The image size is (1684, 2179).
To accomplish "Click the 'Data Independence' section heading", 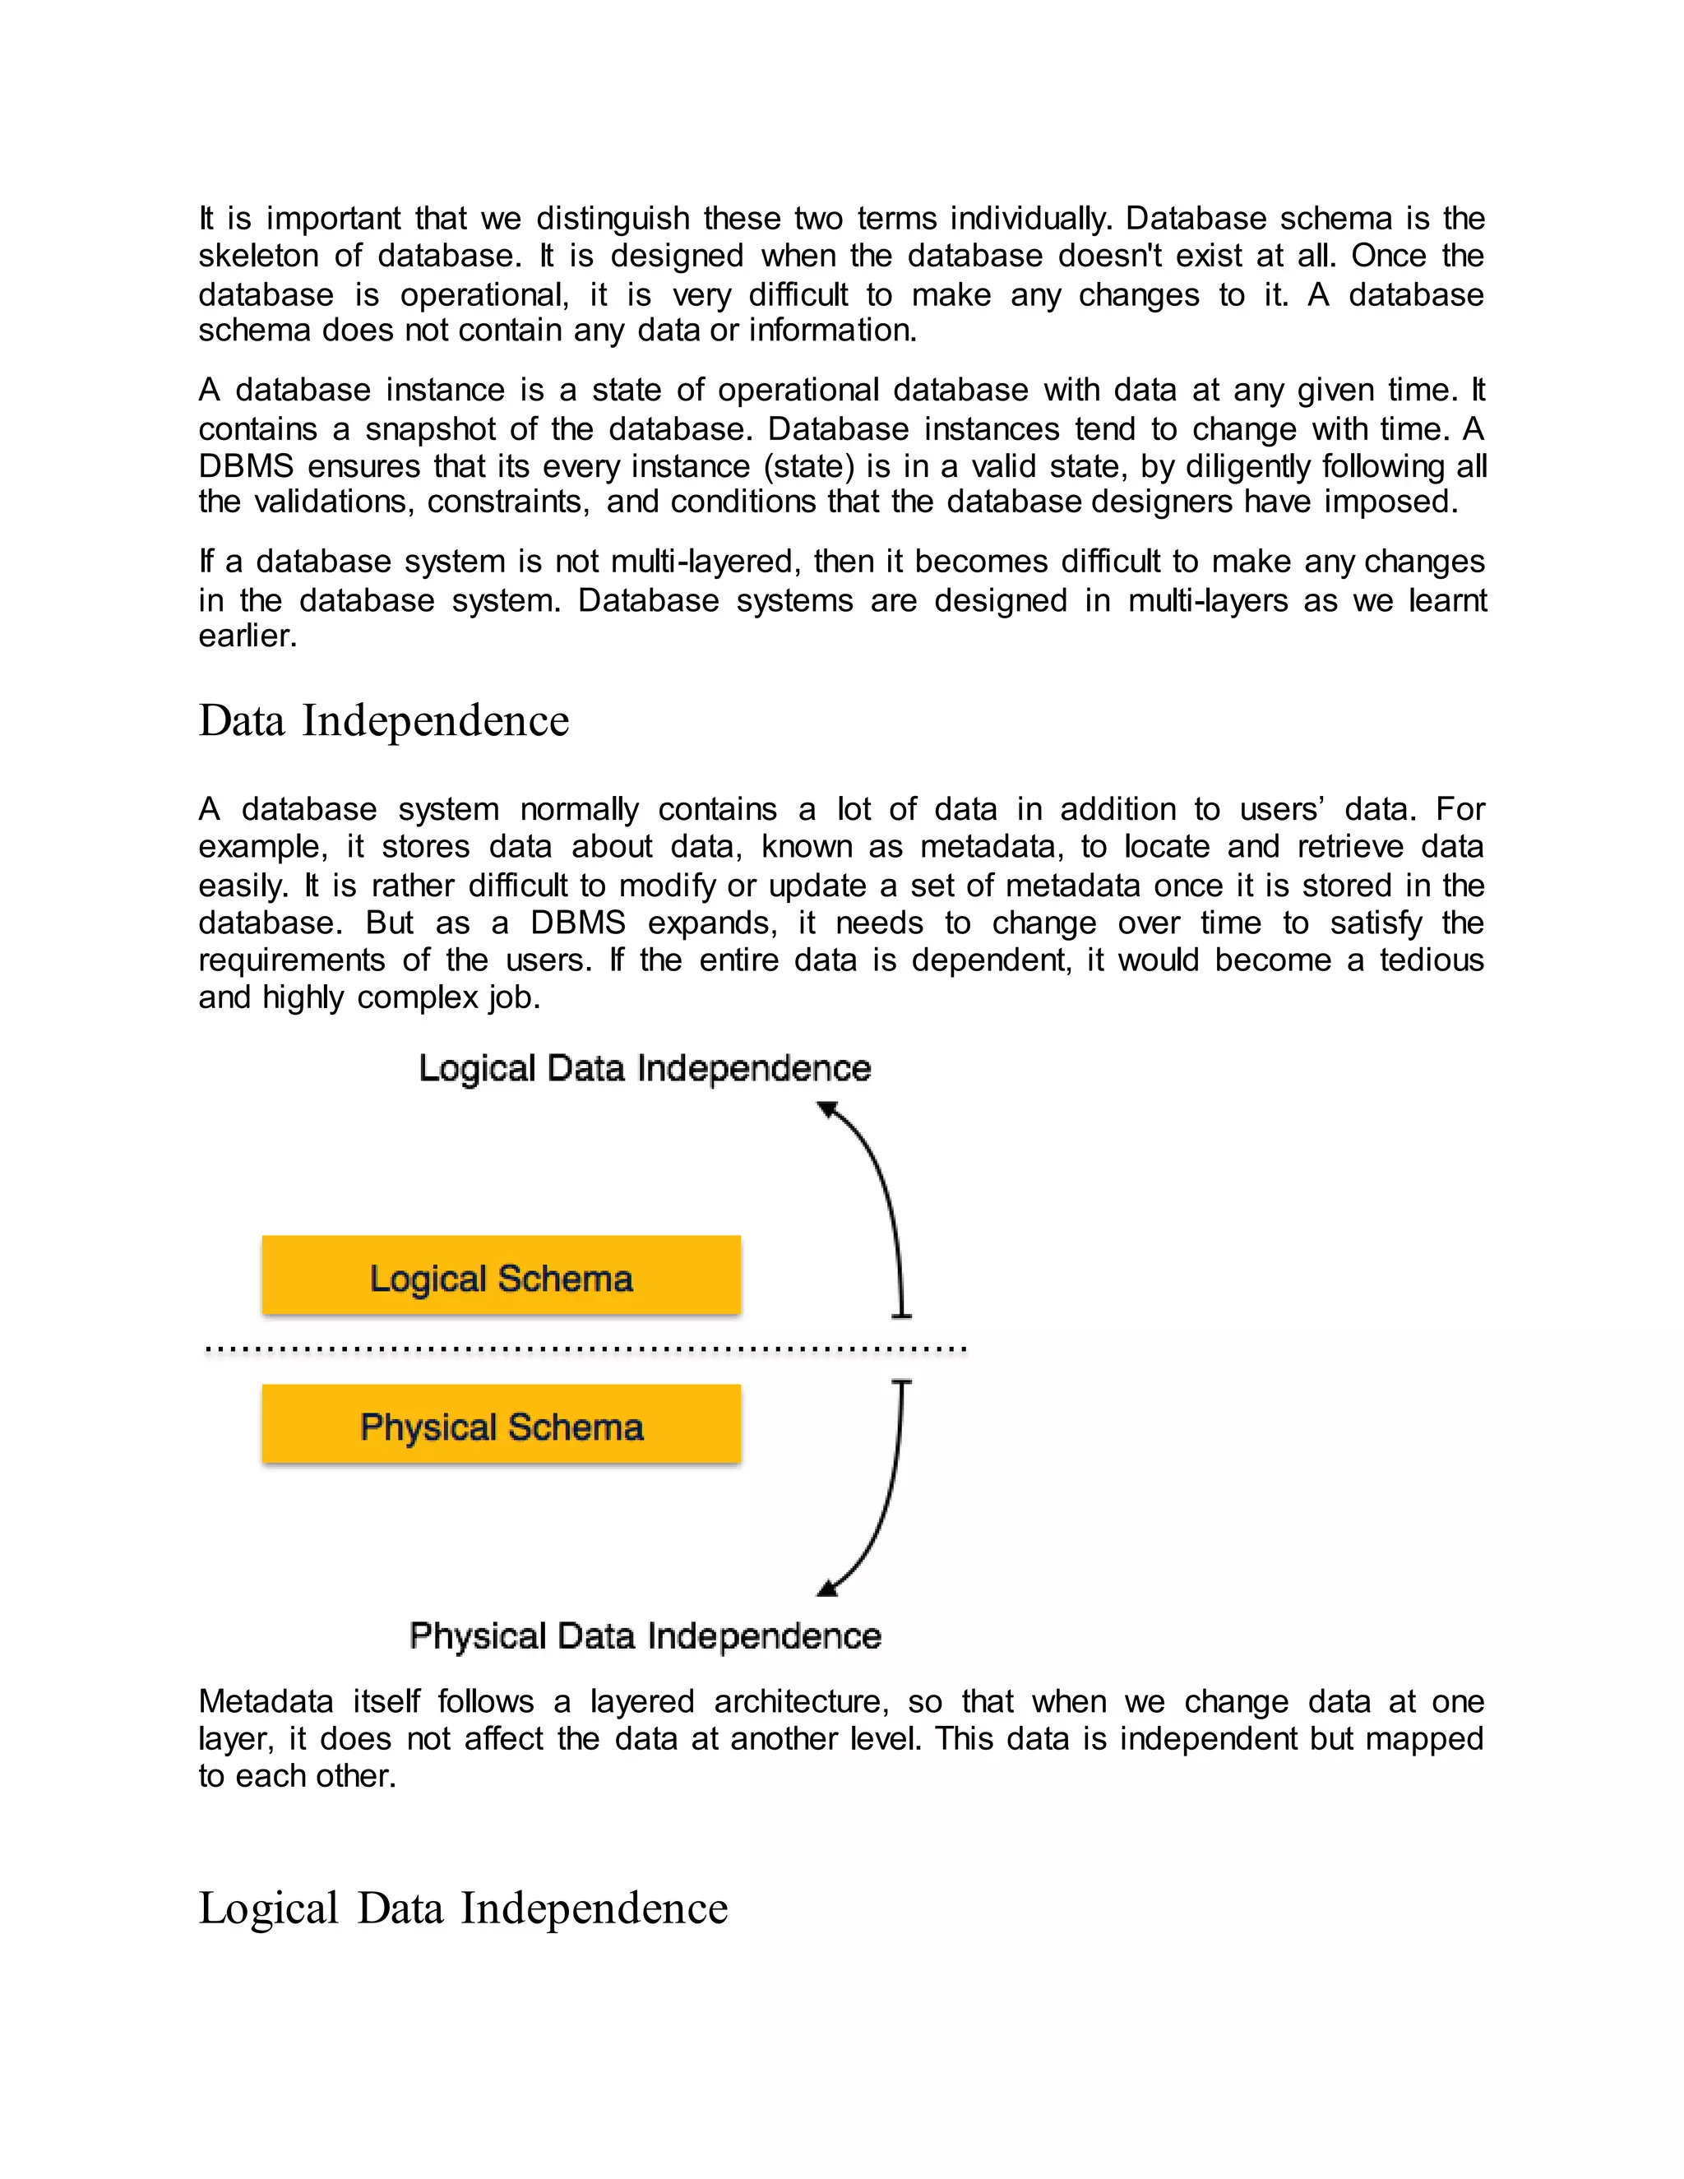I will pos(383,721).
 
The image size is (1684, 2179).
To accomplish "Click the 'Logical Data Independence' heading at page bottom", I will pos(463,1908).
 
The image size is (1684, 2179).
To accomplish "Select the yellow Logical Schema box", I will pos(501,1276).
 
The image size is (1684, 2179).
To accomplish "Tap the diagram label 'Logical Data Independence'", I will pos(645,1069).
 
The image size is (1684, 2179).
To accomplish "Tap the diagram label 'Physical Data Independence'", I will pos(645,1636).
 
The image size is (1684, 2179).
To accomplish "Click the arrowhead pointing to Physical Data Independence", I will pos(828,1587).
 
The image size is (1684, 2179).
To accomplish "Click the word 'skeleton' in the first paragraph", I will pos(257,257).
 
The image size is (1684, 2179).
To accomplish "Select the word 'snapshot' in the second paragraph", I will pos(430,429).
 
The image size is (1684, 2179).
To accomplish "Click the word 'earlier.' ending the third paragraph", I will pos(248,636).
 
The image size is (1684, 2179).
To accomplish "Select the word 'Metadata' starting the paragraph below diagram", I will pos(266,1701).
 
